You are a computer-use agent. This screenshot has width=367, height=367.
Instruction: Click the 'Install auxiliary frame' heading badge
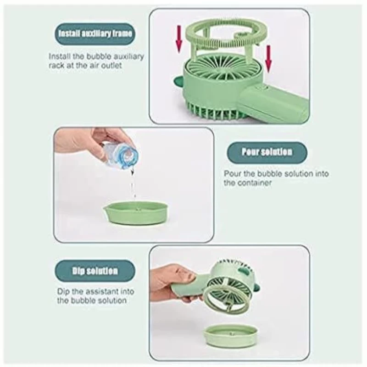[x=95, y=33]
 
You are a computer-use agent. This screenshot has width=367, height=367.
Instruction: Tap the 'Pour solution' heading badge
[x=267, y=152]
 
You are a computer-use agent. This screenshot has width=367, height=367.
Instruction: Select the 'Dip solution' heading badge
[x=95, y=271]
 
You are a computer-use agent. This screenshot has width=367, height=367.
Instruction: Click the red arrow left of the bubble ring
[x=179, y=39]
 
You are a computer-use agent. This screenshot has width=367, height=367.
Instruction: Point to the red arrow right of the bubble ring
[x=268, y=59]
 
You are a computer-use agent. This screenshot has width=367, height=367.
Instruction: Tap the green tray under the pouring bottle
[x=135, y=212]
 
